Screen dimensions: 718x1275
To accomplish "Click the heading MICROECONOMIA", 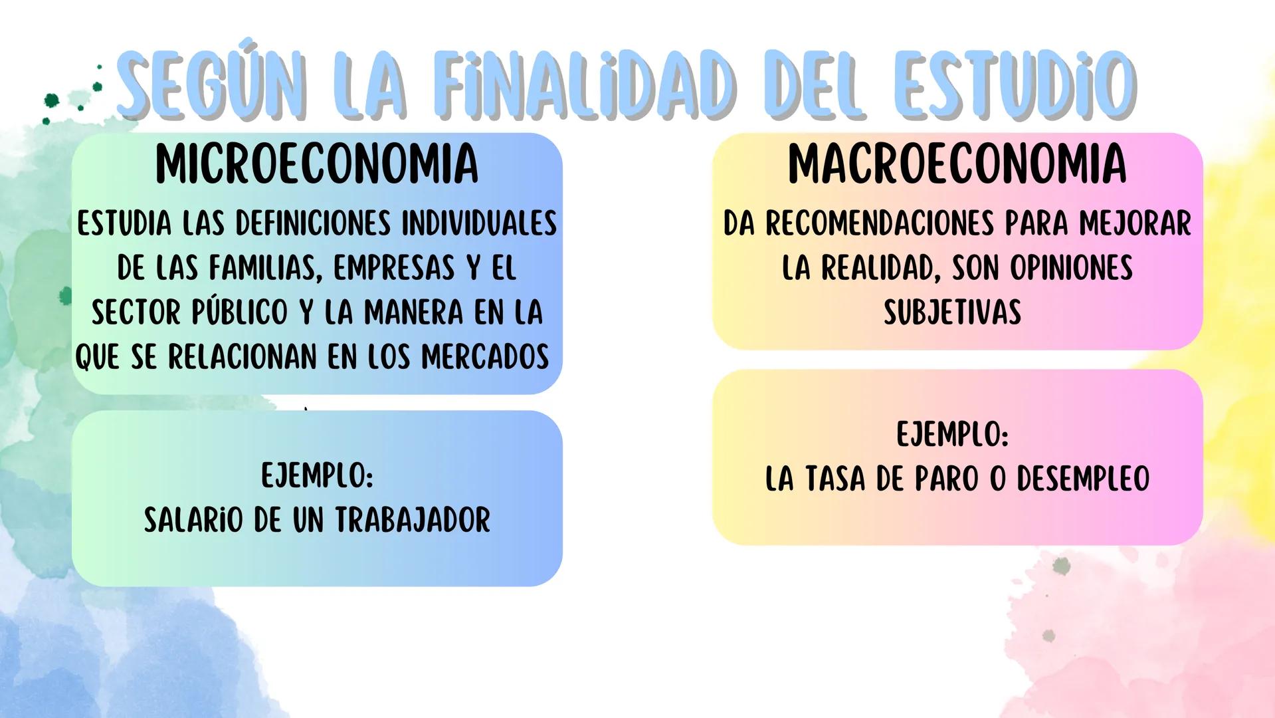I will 316,164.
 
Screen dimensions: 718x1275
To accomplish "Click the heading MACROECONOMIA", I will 957,164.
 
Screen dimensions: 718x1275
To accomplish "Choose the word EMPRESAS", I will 394,268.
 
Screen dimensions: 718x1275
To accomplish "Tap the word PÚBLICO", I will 240,312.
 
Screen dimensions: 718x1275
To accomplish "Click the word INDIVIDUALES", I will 479,223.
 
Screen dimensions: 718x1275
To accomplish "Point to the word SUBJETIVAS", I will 952,312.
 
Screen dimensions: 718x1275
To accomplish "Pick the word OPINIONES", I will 1071,268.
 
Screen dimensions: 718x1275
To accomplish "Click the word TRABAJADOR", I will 413,520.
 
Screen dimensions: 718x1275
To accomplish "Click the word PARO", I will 946,479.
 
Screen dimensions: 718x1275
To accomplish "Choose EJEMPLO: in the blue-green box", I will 317,476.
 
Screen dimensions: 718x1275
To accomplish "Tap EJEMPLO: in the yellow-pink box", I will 952,435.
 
